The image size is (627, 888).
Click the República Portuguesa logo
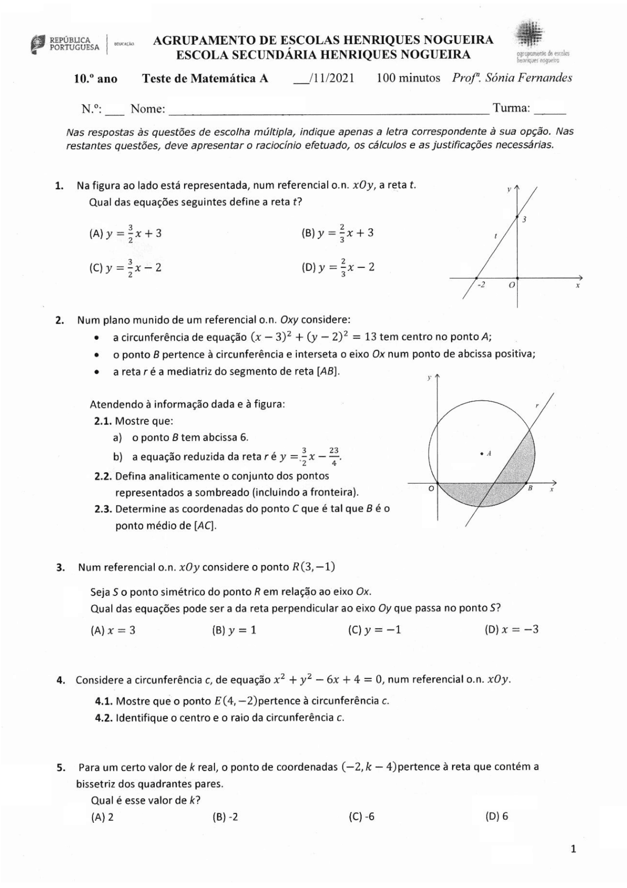pos(65,44)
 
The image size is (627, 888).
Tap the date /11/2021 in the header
pos(324,78)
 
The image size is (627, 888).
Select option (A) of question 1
pos(125,233)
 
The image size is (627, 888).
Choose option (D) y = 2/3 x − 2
pos(338,268)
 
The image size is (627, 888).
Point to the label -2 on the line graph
pos(481,285)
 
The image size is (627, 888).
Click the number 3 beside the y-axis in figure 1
pos(524,219)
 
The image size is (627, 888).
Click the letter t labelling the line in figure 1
pos(495,236)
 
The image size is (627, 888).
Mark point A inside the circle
pos(482,454)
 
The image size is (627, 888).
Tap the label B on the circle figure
pos(530,488)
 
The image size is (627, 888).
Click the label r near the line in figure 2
pos(537,406)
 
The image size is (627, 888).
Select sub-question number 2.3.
pos(103,509)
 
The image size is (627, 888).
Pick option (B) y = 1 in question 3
pos(234,630)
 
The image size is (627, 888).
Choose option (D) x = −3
pos(511,630)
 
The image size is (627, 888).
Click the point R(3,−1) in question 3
pos(313,567)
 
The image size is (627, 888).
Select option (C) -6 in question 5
pos(362,816)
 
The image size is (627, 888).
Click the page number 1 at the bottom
pos(574,849)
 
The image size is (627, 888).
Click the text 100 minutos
pos(408,78)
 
